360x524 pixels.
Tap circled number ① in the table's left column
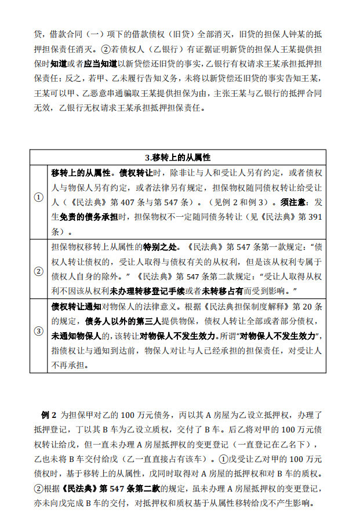(39, 197)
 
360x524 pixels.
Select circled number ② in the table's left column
(39, 271)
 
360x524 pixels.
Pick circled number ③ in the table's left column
(39, 331)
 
